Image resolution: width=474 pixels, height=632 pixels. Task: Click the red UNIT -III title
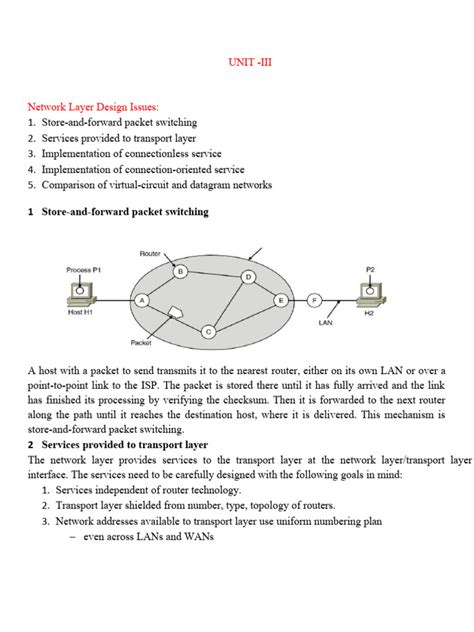[250, 62]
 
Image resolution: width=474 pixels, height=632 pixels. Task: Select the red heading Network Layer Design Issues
[93, 107]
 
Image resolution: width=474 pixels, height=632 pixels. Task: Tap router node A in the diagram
[141, 300]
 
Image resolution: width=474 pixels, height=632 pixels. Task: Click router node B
[180, 271]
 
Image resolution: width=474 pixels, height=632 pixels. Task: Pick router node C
[208, 332]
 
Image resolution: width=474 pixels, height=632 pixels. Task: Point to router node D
[248, 277]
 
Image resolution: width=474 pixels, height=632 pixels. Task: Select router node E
[281, 300]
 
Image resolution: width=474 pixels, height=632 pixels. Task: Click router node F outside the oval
[315, 300]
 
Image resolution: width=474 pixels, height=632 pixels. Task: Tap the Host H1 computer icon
[82, 293]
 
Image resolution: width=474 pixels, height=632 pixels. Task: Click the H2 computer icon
[371, 294]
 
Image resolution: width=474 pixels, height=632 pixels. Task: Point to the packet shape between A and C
[175, 312]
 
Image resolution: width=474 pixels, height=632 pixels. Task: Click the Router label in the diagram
[150, 254]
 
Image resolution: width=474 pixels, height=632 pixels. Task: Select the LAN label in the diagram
[325, 322]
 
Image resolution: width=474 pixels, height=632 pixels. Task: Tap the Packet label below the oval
[141, 343]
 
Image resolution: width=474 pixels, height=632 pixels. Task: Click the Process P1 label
[83, 270]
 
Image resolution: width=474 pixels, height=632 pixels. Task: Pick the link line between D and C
[228, 304]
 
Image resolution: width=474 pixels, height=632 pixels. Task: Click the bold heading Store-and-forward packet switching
[125, 212]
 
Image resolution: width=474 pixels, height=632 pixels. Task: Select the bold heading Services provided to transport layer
[125, 445]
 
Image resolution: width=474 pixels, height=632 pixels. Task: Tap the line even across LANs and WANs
[148, 536]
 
